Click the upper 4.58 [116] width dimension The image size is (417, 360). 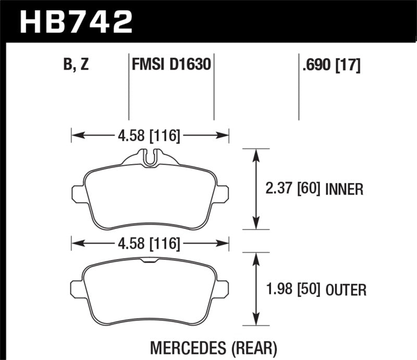149,136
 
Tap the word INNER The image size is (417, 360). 344,189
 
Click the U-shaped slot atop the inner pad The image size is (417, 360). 150,158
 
